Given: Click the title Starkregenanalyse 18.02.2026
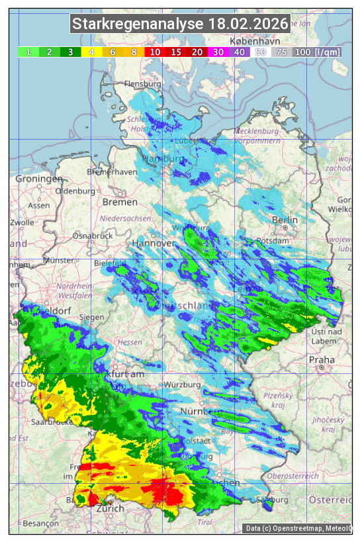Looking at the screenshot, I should pos(180,24).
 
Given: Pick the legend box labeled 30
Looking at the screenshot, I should pos(217,52).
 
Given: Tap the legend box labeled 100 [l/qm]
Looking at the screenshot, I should pos(317,52).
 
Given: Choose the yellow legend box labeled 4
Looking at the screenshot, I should pos(91,52).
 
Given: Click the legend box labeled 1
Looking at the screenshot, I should pos(28,52).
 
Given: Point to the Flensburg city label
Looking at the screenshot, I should pos(142,85).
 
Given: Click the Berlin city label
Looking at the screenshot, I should pos(285,220).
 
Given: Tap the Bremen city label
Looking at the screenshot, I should pos(120,202).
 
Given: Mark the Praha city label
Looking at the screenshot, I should pos(321,360).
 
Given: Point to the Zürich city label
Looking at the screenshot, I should pos(110,508).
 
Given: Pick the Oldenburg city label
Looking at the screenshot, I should pos(75,191).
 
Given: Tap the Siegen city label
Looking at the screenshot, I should pos(91,317).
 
